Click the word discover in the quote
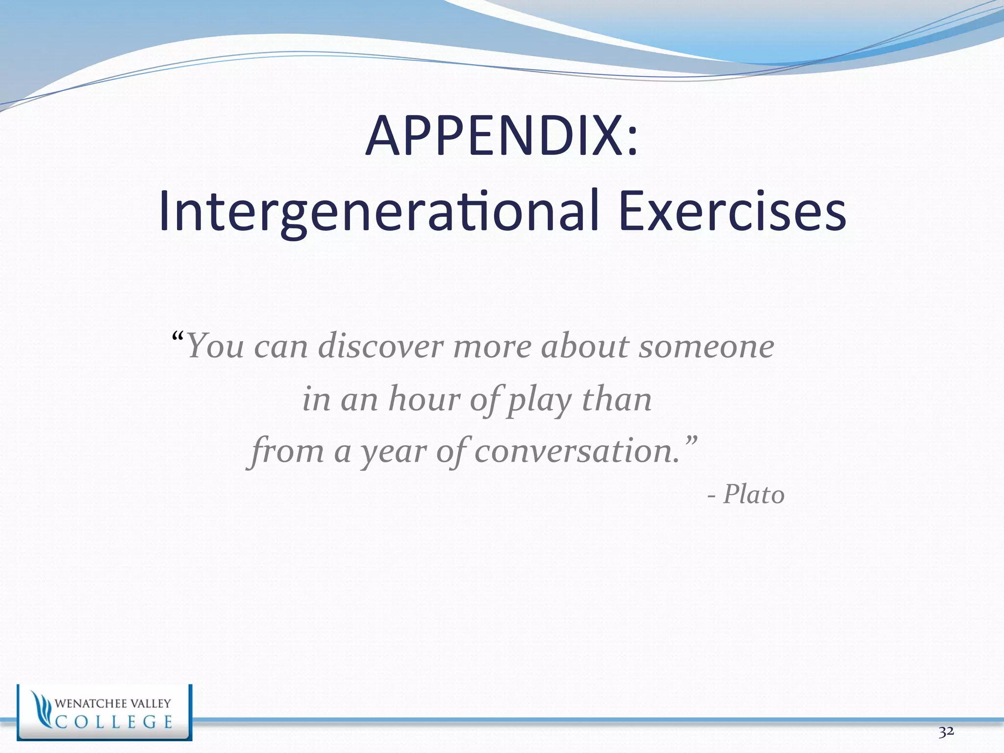coord(381,346)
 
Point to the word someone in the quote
coord(706,346)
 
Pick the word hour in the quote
coord(424,399)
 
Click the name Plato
coord(753,494)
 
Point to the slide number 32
coord(946,732)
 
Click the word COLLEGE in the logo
coord(114,722)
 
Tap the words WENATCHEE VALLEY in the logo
coord(113,703)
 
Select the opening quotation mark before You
coord(178,337)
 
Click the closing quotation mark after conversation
coord(690,440)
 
